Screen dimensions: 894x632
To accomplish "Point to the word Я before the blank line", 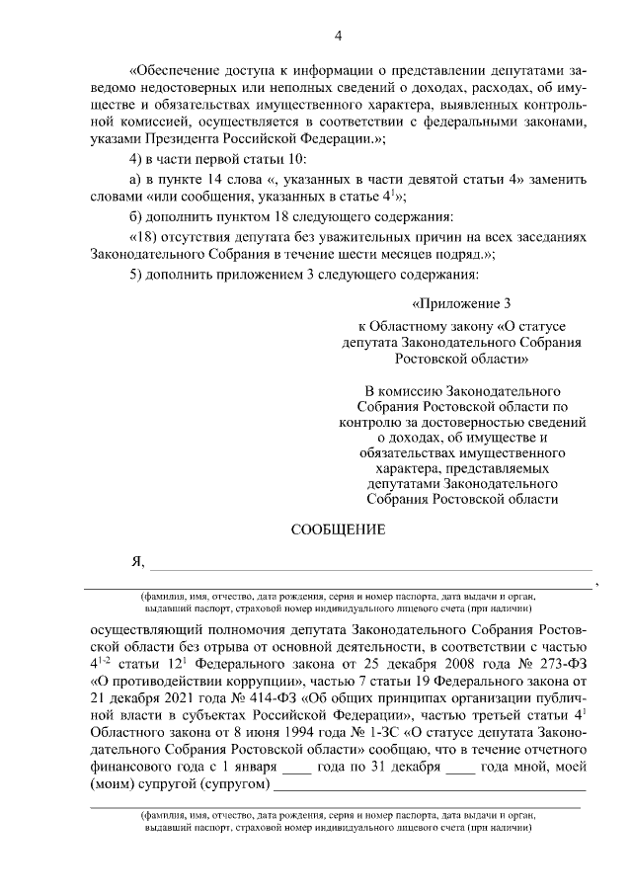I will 137,562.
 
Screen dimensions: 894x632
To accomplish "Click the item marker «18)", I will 145,237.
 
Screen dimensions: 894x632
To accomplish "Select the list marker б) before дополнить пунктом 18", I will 137,216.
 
